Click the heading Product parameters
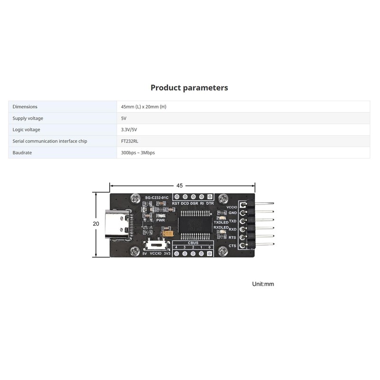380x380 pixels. coord(189,88)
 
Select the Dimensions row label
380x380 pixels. coord(25,107)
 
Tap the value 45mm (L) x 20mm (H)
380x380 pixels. coord(143,107)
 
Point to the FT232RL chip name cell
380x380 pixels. coord(130,141)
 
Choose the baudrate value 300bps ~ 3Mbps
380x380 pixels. coord(138,152)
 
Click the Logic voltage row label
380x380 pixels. coord(26,130)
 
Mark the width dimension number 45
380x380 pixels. coord(180,186)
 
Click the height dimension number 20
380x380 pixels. coord(96,224)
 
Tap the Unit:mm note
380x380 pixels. coord(263,284)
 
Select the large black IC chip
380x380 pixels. coord(195,224)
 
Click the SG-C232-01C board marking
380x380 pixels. coord(156,197)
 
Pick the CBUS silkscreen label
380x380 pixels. coord(193,242)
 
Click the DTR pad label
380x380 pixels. coord(210,203)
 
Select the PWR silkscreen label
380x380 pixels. coord(160,220)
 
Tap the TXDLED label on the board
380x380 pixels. coord(221,222)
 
